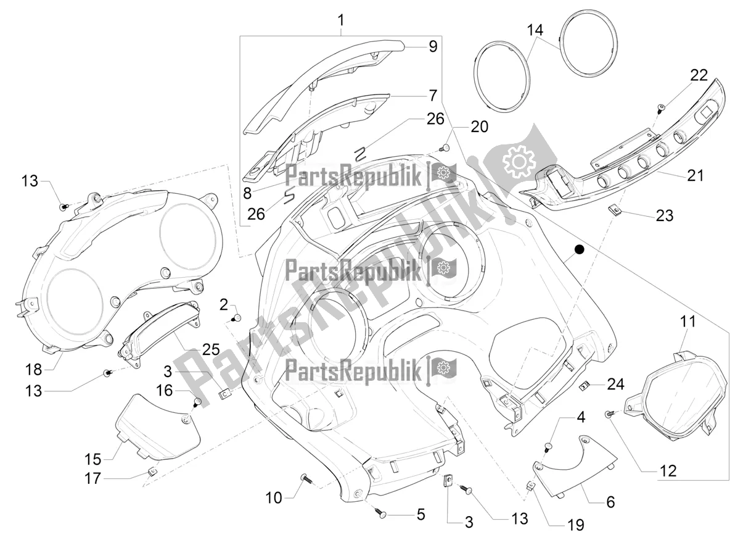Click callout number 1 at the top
click(340, 21)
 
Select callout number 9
click(433, 46)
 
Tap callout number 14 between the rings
click(535, 30)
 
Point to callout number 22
click(681, 75)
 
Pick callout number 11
click(688, 322)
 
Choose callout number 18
click(34, 370)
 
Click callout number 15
click(92, 459)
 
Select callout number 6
click(610, 502)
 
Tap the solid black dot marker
click(579, 249)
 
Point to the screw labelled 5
click(381, 512)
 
